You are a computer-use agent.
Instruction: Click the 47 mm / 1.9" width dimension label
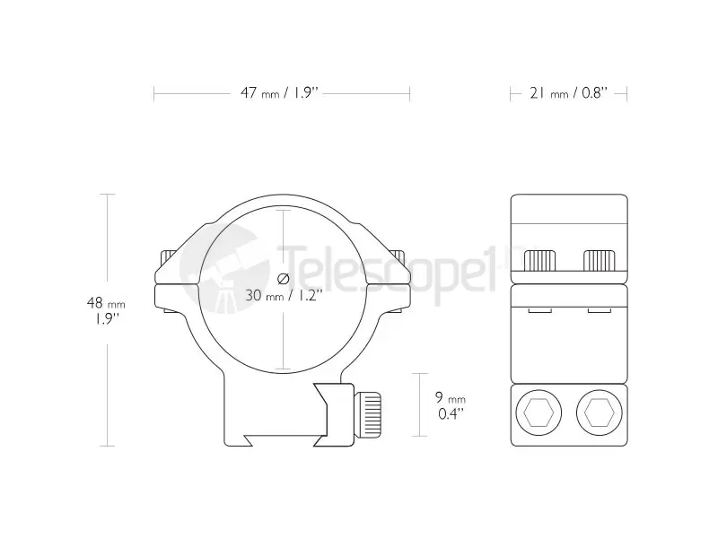click(x=279, y=93)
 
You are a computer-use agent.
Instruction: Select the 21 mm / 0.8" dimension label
click(x=569, y=93)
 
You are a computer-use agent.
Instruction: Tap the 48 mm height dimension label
click(x=106, y=310)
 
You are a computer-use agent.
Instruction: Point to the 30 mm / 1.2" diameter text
click(x=281, y=295)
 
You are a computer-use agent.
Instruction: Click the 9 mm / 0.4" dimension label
click(x=451, y=405)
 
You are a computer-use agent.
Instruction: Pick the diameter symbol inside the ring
click(x=284, y=278)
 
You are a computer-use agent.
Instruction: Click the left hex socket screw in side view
click(x=538, y=412)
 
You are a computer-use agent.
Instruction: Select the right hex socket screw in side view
click(x=600, y=412)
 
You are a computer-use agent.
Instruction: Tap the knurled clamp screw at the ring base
click(x=367, y=414)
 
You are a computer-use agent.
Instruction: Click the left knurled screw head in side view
click(x=540, y=261)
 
